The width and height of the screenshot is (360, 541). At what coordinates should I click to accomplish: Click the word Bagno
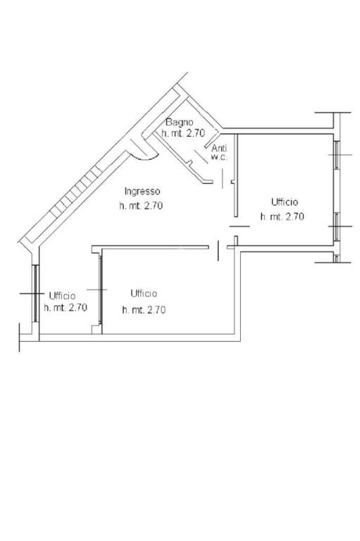pyautogui.click(x=179, y=122)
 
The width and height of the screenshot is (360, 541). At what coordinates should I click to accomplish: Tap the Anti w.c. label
pyautogui.click(x=219, y=153)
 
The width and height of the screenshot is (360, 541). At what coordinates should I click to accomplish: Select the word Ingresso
pyautogui.click(x=142, y=191)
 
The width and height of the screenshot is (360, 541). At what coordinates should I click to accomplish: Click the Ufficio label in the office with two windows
pyautogui.click(x=285, y=202)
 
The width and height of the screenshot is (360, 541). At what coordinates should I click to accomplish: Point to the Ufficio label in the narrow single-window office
pyautogui.click(x=62, y=296)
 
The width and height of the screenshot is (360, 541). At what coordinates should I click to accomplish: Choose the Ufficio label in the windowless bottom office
pyautogui.click(x=144, y=294)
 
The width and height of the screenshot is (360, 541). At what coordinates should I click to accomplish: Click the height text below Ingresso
pyautogui.click(x=141, y=206)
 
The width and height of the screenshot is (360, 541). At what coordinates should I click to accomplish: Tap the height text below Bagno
pyautogui.click(x=183, y=133)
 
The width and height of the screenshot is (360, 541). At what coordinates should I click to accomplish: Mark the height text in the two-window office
pyautogui.click(x=283, y=217)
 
